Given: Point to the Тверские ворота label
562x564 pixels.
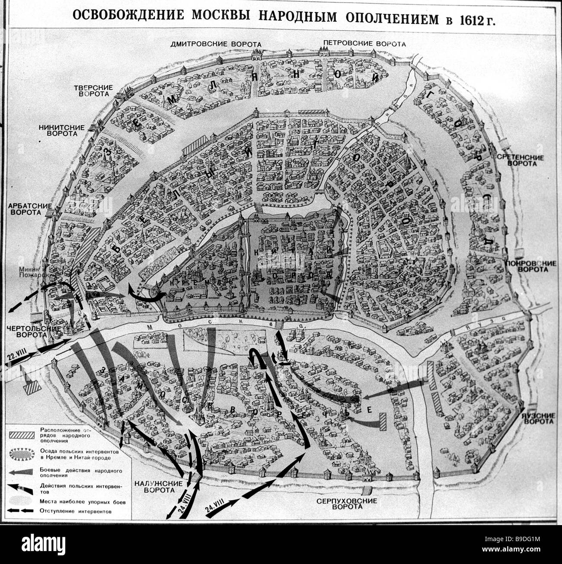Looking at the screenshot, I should (x=93, y=91).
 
